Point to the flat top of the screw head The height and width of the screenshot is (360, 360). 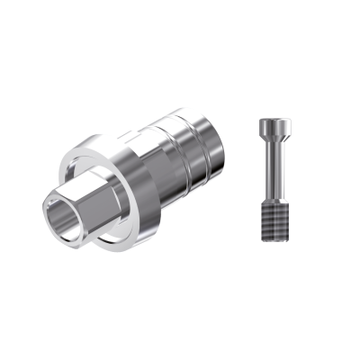[x=272, y=119]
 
